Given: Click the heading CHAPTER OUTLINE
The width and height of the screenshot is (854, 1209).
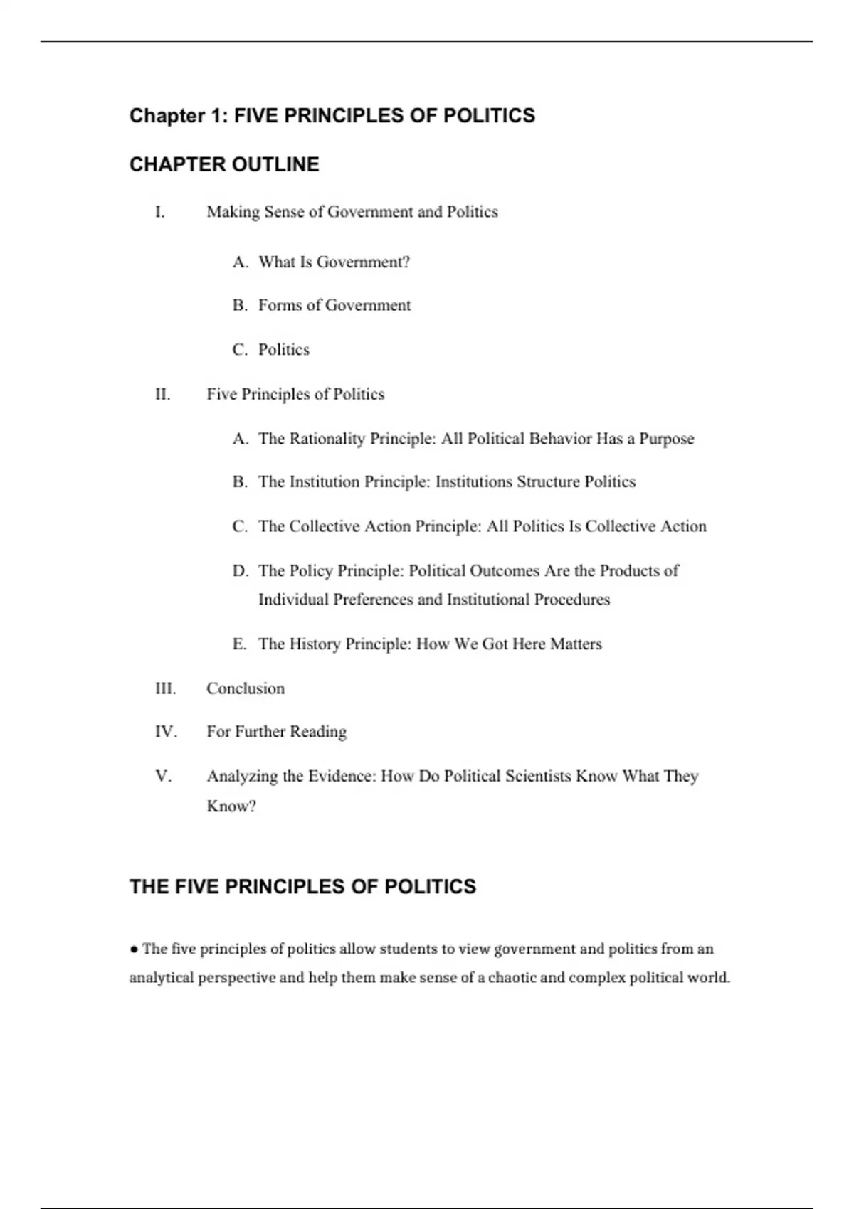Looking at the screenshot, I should click(224, 164).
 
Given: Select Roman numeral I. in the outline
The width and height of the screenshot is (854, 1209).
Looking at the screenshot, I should click(160, 212).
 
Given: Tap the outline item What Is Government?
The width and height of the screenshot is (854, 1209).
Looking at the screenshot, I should click(334, 262).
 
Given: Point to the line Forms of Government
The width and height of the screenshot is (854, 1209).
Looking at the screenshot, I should click(334, 305).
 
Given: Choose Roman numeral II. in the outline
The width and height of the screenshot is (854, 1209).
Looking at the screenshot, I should click(163, 394).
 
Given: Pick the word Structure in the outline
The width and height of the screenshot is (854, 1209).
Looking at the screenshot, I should click(548, 482).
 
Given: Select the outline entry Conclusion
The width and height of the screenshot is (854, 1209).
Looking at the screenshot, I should click(246, 688).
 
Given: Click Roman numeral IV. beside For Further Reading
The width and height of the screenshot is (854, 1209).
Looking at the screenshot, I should click(166, 732).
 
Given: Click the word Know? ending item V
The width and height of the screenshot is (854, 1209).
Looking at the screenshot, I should click(231, 806).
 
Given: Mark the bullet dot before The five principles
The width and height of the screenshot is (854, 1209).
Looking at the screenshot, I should click(134, 949).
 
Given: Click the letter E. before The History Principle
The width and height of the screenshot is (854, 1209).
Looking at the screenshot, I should click(239, 644).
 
